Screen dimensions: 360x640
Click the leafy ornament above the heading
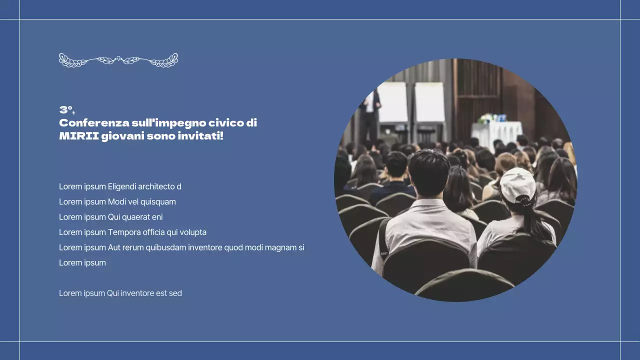(118, 60)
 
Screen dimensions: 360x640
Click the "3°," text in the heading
(66, 110)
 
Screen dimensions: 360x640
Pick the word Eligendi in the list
(122, 187)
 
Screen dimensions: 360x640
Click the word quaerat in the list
(136, 217)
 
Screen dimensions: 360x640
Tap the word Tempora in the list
(124, 232)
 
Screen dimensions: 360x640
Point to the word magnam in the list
(280, 247)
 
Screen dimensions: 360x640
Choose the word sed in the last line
(175, 293)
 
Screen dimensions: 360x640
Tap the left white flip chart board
(392, 102)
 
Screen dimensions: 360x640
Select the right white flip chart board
(429, 102)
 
